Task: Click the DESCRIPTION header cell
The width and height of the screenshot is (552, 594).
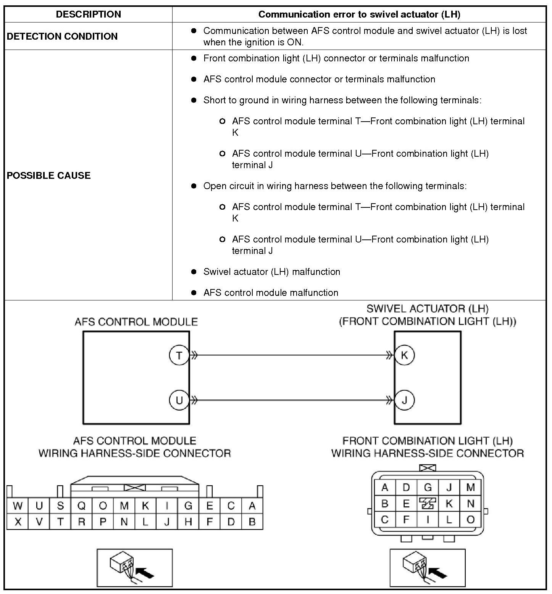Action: (x=88, y=14)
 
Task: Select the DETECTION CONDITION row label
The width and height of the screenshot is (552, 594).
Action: (x=62, y=36)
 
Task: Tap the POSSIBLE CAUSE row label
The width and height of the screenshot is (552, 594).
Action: (x=49, y=175)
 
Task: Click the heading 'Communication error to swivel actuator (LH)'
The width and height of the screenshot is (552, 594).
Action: (x=359, y=14)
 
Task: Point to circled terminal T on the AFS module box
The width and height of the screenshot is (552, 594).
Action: (x=179, y=355)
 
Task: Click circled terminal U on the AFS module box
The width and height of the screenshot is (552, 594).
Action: (x=179, y=400)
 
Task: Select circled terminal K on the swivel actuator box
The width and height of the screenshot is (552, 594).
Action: (x=404, y=355)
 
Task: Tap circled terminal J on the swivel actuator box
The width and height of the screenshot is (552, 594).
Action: (x=404, y=400)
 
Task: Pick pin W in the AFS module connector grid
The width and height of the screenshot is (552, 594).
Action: (x=18, y=506)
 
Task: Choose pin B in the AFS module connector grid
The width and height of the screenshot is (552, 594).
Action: (x=252, y=522)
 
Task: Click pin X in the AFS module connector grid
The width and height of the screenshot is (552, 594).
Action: (x=18, y=522)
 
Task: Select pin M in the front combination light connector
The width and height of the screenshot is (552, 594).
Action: (x=470, y=487)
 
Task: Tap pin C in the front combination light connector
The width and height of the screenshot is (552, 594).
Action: (x=385, y=520)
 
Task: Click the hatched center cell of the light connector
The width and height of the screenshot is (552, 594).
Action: (x=428, y=503)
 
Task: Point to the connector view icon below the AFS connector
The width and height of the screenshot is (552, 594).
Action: (x=135, y=568)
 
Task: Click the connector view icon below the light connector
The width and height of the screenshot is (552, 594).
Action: (x=428, y=568)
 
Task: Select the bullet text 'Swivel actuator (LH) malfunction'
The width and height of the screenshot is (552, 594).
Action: (x=271, y=272)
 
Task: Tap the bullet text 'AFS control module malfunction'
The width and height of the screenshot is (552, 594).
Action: (x=271, y=293)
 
